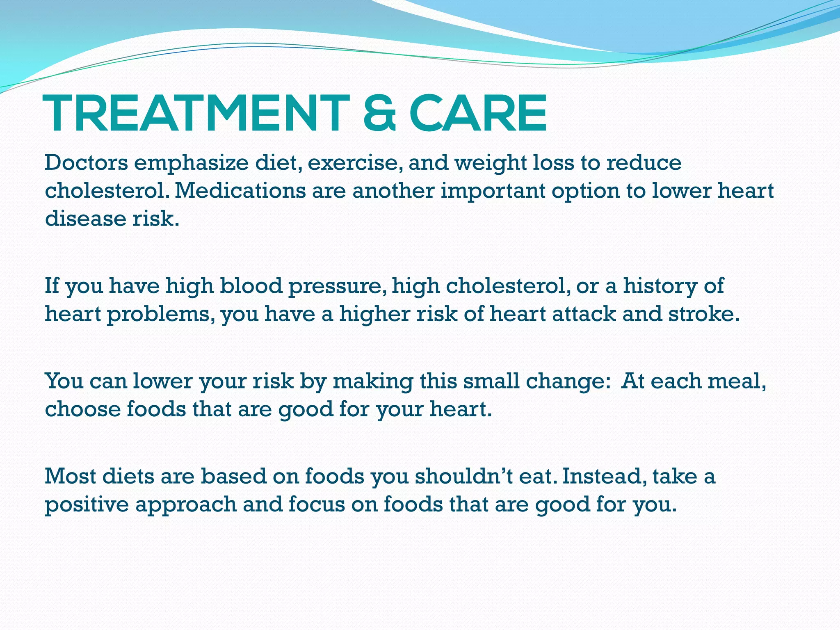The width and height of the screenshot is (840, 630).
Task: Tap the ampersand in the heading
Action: tap(379, 114)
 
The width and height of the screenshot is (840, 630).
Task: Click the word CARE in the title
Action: tap(478, 114)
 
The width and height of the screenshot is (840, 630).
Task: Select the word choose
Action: tap(82, 409)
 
